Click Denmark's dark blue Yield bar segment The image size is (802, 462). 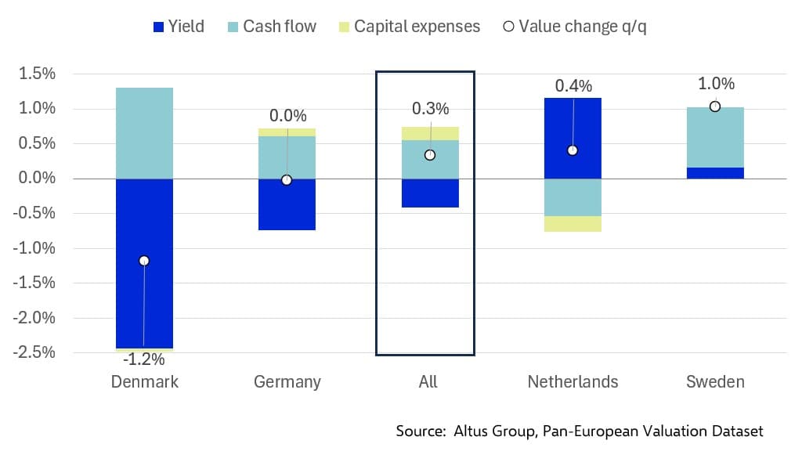pos(144,305)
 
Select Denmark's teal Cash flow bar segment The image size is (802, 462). pos(144,133)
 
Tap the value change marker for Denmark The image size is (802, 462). pos(144,261)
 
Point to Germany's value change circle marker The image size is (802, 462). pos(287,180)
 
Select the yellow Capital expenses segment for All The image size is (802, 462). pos(429,133)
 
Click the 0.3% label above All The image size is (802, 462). pos(430,109)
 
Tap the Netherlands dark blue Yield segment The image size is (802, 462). pos(573,125)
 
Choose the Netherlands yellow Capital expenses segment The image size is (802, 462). pos(573,224)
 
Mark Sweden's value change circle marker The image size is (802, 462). pos(715,106)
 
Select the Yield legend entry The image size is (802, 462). pos(179,27)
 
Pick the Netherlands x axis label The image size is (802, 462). pos(573,382)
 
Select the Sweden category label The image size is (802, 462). pos(715,382)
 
